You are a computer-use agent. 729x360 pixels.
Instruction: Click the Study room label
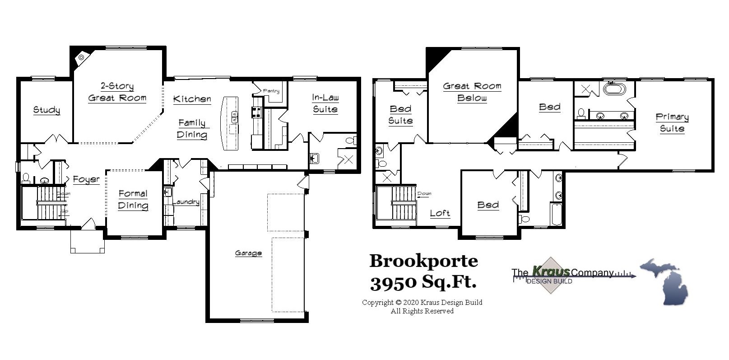[x=46, y=110]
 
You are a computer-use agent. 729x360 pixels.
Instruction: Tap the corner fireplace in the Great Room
[x=81, y=57]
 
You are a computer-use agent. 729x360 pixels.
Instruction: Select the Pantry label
[x=271, y=91]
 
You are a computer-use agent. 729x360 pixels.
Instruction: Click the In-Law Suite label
[x=325, y=103]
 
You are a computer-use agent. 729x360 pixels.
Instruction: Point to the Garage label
[x=248, y=253]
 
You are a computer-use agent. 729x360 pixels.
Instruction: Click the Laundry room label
[x=186, y=202]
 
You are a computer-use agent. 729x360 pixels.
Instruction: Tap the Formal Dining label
[x=133, y=199]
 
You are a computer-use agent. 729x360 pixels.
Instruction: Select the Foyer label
[x=86, y=180]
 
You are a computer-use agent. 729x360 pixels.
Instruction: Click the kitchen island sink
[x=234, y=117]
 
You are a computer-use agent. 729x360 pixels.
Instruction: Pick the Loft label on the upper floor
[x=440, y=213]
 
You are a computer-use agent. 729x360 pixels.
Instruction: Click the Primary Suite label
[x=672, y=123]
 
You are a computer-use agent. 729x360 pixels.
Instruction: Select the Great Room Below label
[x=472, y=92]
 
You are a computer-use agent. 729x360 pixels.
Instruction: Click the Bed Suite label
[x=400, y=115]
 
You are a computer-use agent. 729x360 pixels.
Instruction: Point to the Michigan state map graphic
[x=664, y=281]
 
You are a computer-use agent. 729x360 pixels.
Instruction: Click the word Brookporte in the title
[x=423, y=261]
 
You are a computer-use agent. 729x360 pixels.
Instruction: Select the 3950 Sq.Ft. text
[x=423, y=283]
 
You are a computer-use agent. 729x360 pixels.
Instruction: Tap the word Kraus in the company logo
[x=550, y=271]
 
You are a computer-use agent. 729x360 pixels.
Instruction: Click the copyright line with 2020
[x=422, y=303]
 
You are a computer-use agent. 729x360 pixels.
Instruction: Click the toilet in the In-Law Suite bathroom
[x=350, y=140]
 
